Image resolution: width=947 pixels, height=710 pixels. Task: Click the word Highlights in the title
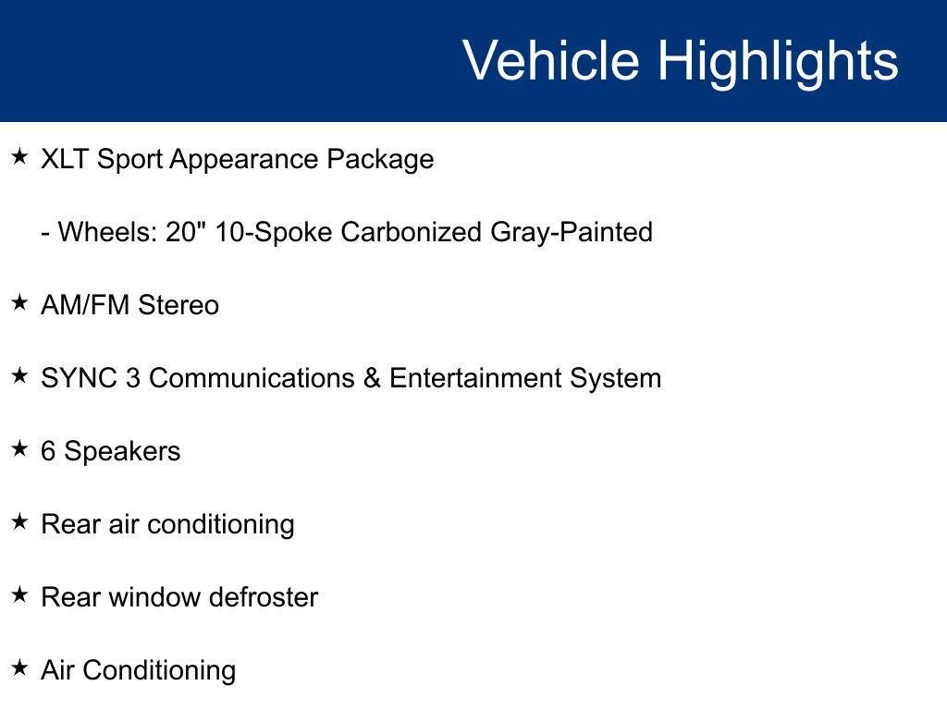[x=778, y=61]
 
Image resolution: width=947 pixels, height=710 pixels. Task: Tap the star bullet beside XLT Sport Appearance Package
[x=19, y=157]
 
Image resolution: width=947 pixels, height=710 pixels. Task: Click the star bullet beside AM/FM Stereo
[x=19, y=302]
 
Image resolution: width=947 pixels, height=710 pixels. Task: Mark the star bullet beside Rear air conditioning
[x=19, y=521]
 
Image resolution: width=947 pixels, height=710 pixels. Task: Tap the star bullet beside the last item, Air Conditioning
[x=19, y=667]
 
